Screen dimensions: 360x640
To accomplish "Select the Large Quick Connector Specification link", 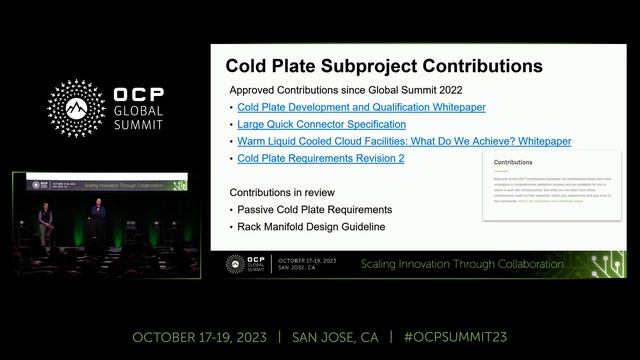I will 321,124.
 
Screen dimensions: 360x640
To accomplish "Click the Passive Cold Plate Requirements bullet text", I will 314,209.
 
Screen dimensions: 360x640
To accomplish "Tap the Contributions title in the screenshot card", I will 513,160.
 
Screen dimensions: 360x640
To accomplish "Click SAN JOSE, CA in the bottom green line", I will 337,337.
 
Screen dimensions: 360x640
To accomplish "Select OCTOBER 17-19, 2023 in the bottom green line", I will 199,337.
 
